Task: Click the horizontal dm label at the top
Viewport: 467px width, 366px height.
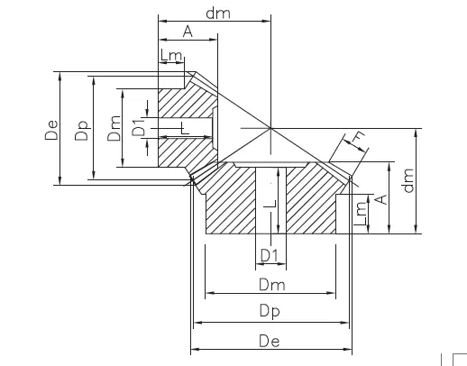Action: tap(216, 13)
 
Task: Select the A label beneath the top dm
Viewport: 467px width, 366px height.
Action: tap(187, 32)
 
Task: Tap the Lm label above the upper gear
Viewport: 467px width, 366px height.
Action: tap(171, 56)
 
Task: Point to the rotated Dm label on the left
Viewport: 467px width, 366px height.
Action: tap(113, 134)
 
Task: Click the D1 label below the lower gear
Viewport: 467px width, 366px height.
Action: tap(269, 256)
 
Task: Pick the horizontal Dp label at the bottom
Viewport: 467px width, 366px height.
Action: tap(270, 311)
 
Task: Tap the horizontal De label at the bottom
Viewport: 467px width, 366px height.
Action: tap(270, 340)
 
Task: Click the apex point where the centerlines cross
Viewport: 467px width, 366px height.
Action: tap(270, 128)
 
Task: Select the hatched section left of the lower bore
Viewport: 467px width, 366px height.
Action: tap(233, 203)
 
